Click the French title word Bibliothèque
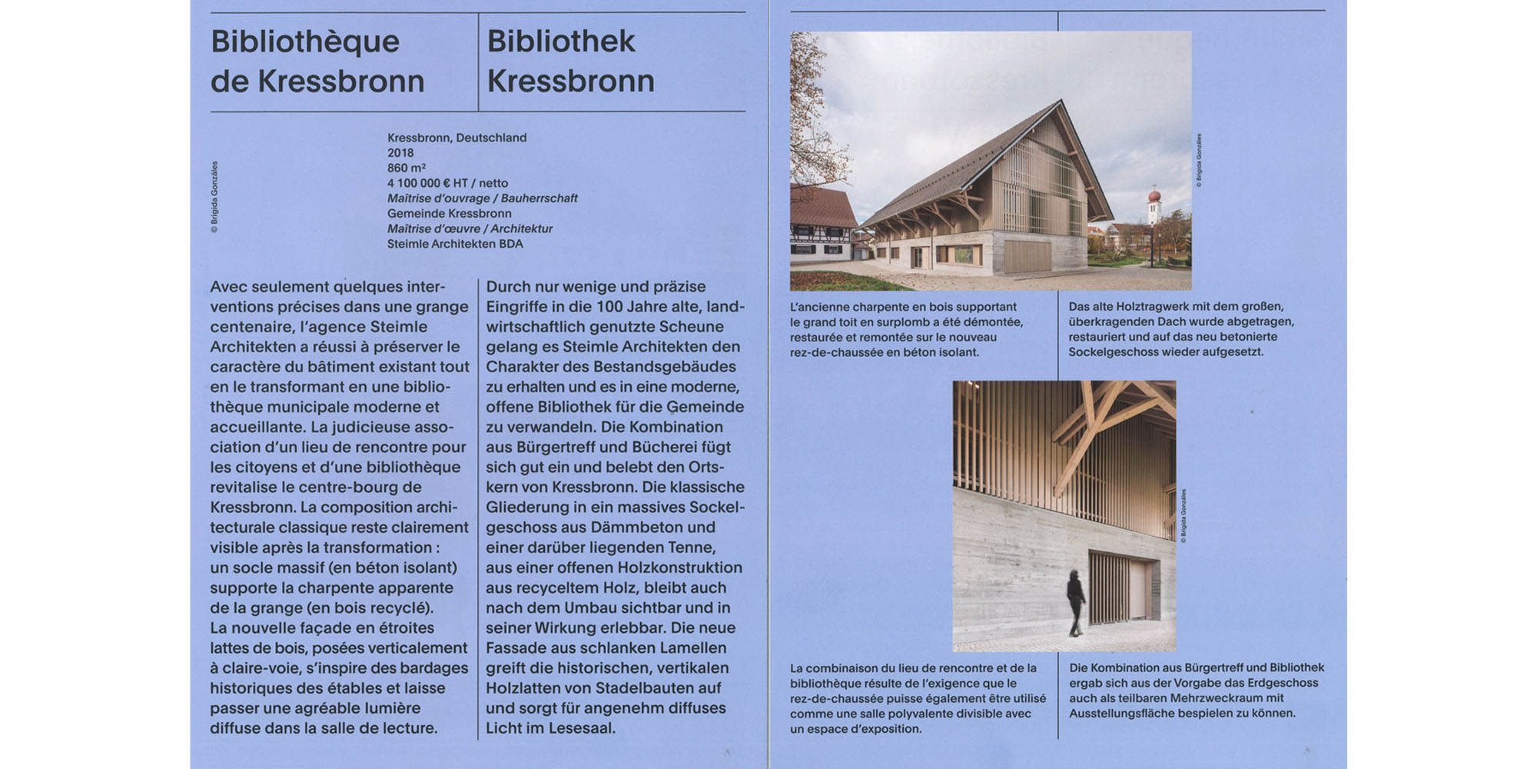pyautogui.click(x=305, y=42)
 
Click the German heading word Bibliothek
pyautogui.click(x=561, y=42)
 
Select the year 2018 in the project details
pyautogui.click(x=400, y=153)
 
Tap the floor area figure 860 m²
pyautogui.click(x=407, y=168)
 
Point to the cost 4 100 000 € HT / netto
pyautogui.click(x=447, y=183)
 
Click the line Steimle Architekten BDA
pyautogui.click(x=455, y=244)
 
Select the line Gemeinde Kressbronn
pyautogui.click(x=449, y=214)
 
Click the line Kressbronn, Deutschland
pyautogui.click(x=456, y=138)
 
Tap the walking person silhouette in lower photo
pyautogui.click(x=1076, y=601)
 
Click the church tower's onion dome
pyautogui.click(x=1154, y=197)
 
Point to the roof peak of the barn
pyautogui.click(x=1061, y=102)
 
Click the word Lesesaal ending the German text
pyautogui.click(x=583, y=728)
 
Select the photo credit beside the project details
pyautogui.click(x=214, y=197)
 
